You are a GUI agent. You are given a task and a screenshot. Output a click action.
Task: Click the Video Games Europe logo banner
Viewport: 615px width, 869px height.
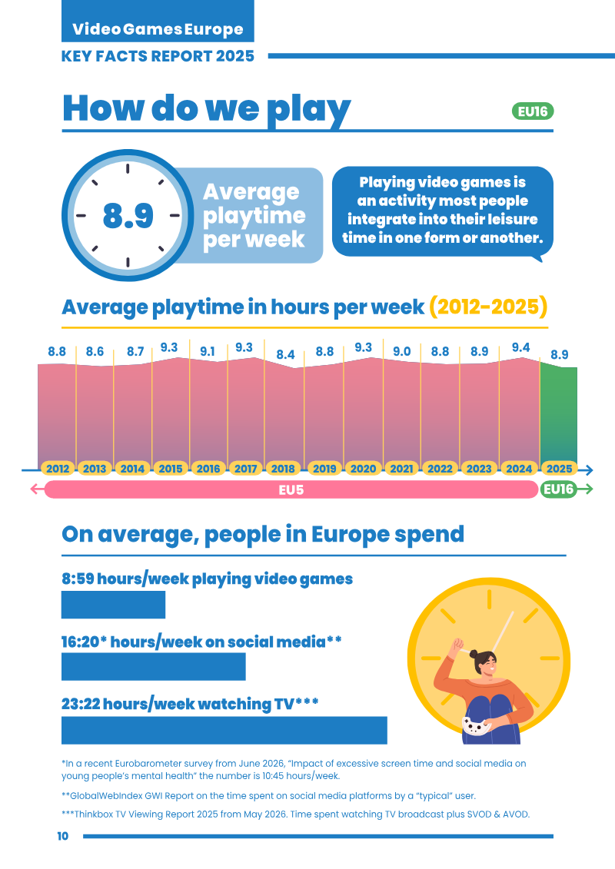[x=158, y=21]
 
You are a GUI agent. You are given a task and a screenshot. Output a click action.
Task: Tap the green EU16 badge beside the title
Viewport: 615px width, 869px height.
[x=533, y=111]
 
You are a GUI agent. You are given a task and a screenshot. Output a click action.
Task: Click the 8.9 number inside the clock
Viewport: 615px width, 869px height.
[x=128, y=216]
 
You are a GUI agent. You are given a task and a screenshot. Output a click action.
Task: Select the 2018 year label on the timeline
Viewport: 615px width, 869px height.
[x=283, y=469]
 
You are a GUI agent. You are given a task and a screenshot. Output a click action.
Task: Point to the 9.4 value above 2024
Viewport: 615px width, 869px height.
[x=520, y=347]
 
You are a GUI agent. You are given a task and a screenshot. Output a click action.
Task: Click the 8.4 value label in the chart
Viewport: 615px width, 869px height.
[x=286, y=355]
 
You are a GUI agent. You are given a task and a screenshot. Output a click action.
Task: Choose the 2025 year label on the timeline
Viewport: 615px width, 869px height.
[x=559, y=469]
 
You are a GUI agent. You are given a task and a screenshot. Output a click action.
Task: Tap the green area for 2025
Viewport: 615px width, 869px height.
[x=558, y=413]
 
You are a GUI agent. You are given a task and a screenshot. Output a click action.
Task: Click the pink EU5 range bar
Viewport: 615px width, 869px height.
[x=291, y=490]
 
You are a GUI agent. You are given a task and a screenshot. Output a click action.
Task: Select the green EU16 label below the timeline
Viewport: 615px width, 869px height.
[x=558, y=489]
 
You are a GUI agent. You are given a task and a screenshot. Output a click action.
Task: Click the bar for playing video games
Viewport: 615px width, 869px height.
[x=113, y=605]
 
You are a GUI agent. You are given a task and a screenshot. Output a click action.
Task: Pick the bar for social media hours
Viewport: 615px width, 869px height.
[x=154, y=667]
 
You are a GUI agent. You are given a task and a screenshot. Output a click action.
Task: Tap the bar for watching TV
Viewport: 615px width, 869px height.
[x=224, y=731]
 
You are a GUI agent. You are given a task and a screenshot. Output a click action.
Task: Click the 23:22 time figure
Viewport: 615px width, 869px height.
[x=81, y=704]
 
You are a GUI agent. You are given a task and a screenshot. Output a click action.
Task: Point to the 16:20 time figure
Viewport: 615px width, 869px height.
[x=81, y=642]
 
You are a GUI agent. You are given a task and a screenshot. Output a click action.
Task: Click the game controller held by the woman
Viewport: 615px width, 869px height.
[x=476, y=725]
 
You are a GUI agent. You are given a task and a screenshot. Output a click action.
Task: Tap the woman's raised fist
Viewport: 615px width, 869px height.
[x=458, y=645]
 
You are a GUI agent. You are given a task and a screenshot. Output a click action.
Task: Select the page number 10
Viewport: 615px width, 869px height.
[x=63, y=836]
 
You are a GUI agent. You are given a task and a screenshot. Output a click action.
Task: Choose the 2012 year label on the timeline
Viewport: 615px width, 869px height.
[x=58, y=469]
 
